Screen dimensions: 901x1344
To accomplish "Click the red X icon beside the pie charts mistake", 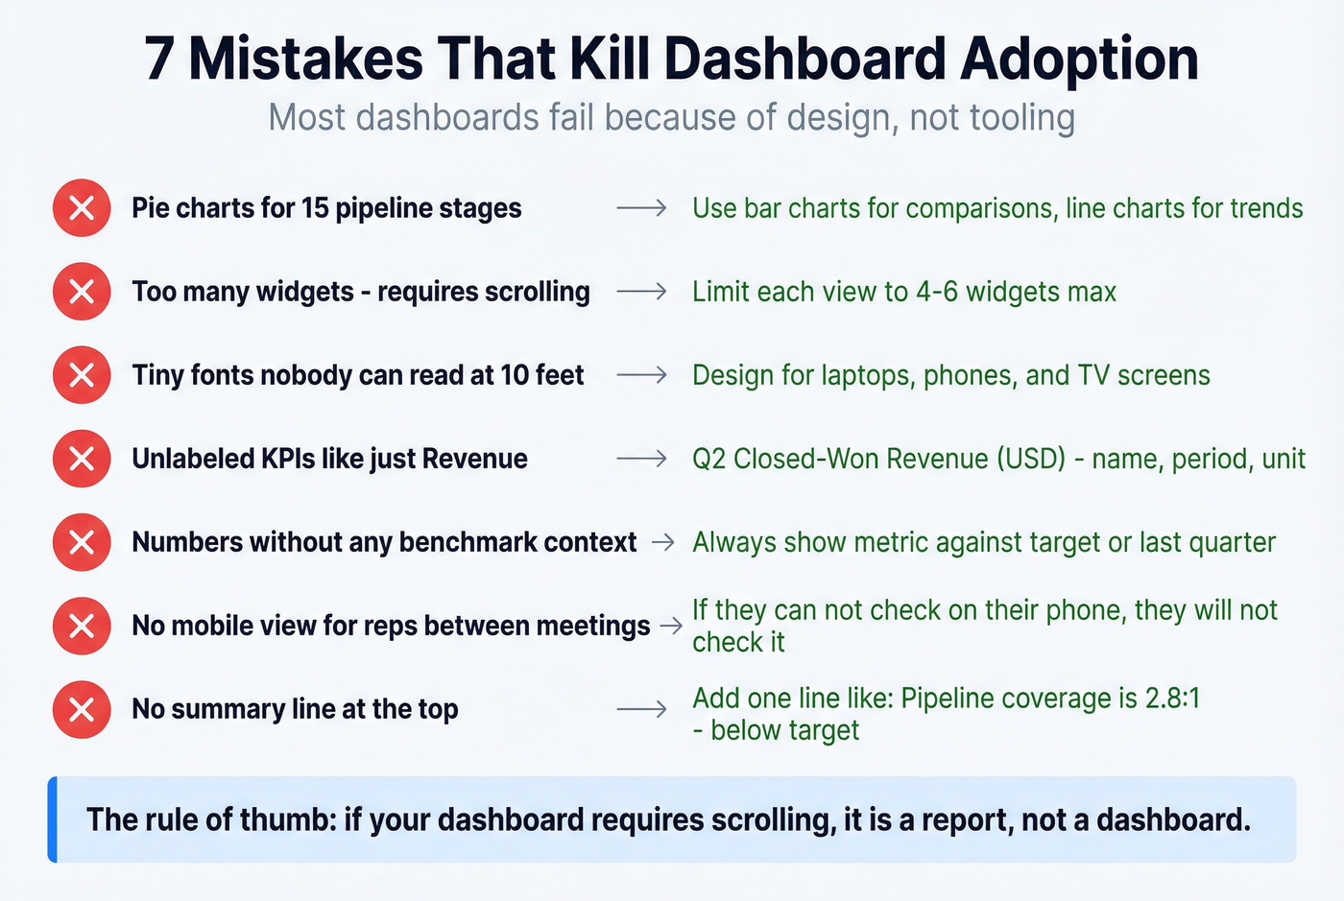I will (x=82, y=208).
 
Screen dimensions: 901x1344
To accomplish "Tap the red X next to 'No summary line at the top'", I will (x=82, y=709).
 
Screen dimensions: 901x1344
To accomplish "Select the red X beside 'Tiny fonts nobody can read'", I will (x=82, y=375).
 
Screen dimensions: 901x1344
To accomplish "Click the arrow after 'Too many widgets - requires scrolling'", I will (x=641, y=292).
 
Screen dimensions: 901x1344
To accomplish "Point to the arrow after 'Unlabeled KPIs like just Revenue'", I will (x=641, y=459).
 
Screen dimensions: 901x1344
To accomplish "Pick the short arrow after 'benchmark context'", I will (x=662, y=542).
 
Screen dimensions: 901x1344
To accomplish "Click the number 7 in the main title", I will (x=159, y=59).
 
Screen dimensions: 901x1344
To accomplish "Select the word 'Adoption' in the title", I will (x=1079, y=59).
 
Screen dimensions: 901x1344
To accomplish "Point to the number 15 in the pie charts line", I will (x=315, y=208).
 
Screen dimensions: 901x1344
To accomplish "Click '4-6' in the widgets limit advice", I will (x=936, y=292).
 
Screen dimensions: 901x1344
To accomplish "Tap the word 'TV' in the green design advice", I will (x=1093, y=375).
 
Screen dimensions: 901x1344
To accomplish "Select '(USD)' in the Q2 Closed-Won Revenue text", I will (x=1031, y=459).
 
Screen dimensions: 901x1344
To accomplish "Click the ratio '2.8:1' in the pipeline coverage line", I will (x=1172, y=698).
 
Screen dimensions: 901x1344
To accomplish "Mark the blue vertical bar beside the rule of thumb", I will (x=53, y=819).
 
